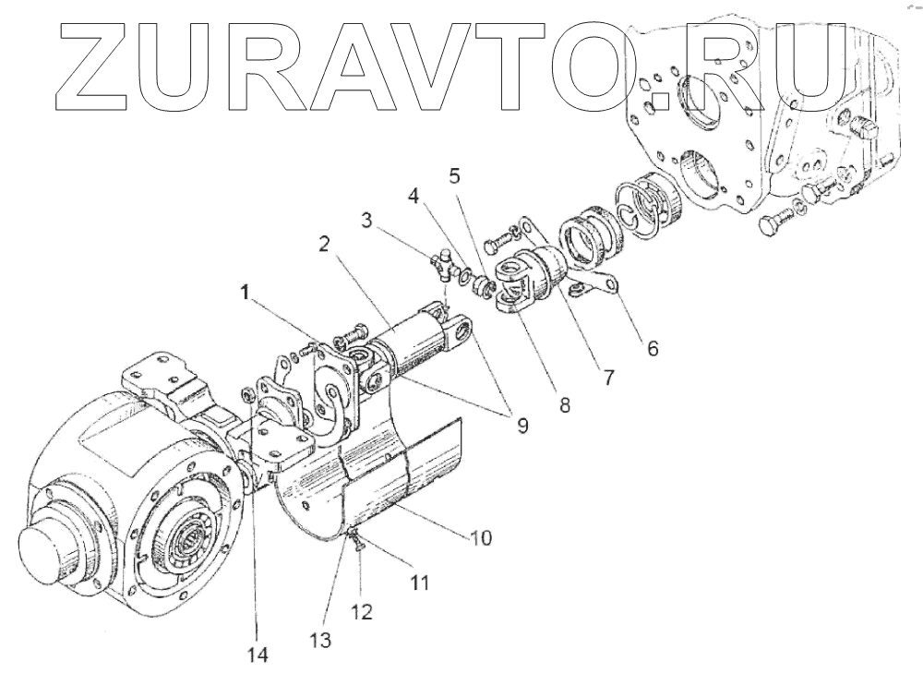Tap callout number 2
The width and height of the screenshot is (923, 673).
[325, 246]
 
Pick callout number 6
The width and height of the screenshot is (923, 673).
[652, 349]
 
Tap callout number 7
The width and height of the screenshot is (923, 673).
[607, 378]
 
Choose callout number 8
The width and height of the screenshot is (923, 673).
[564, 403]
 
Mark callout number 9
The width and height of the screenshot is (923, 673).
[521, 426]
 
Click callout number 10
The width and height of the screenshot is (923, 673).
[481, 537]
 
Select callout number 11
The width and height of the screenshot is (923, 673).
[420, 583]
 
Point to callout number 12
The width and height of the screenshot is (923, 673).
[361, 611]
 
